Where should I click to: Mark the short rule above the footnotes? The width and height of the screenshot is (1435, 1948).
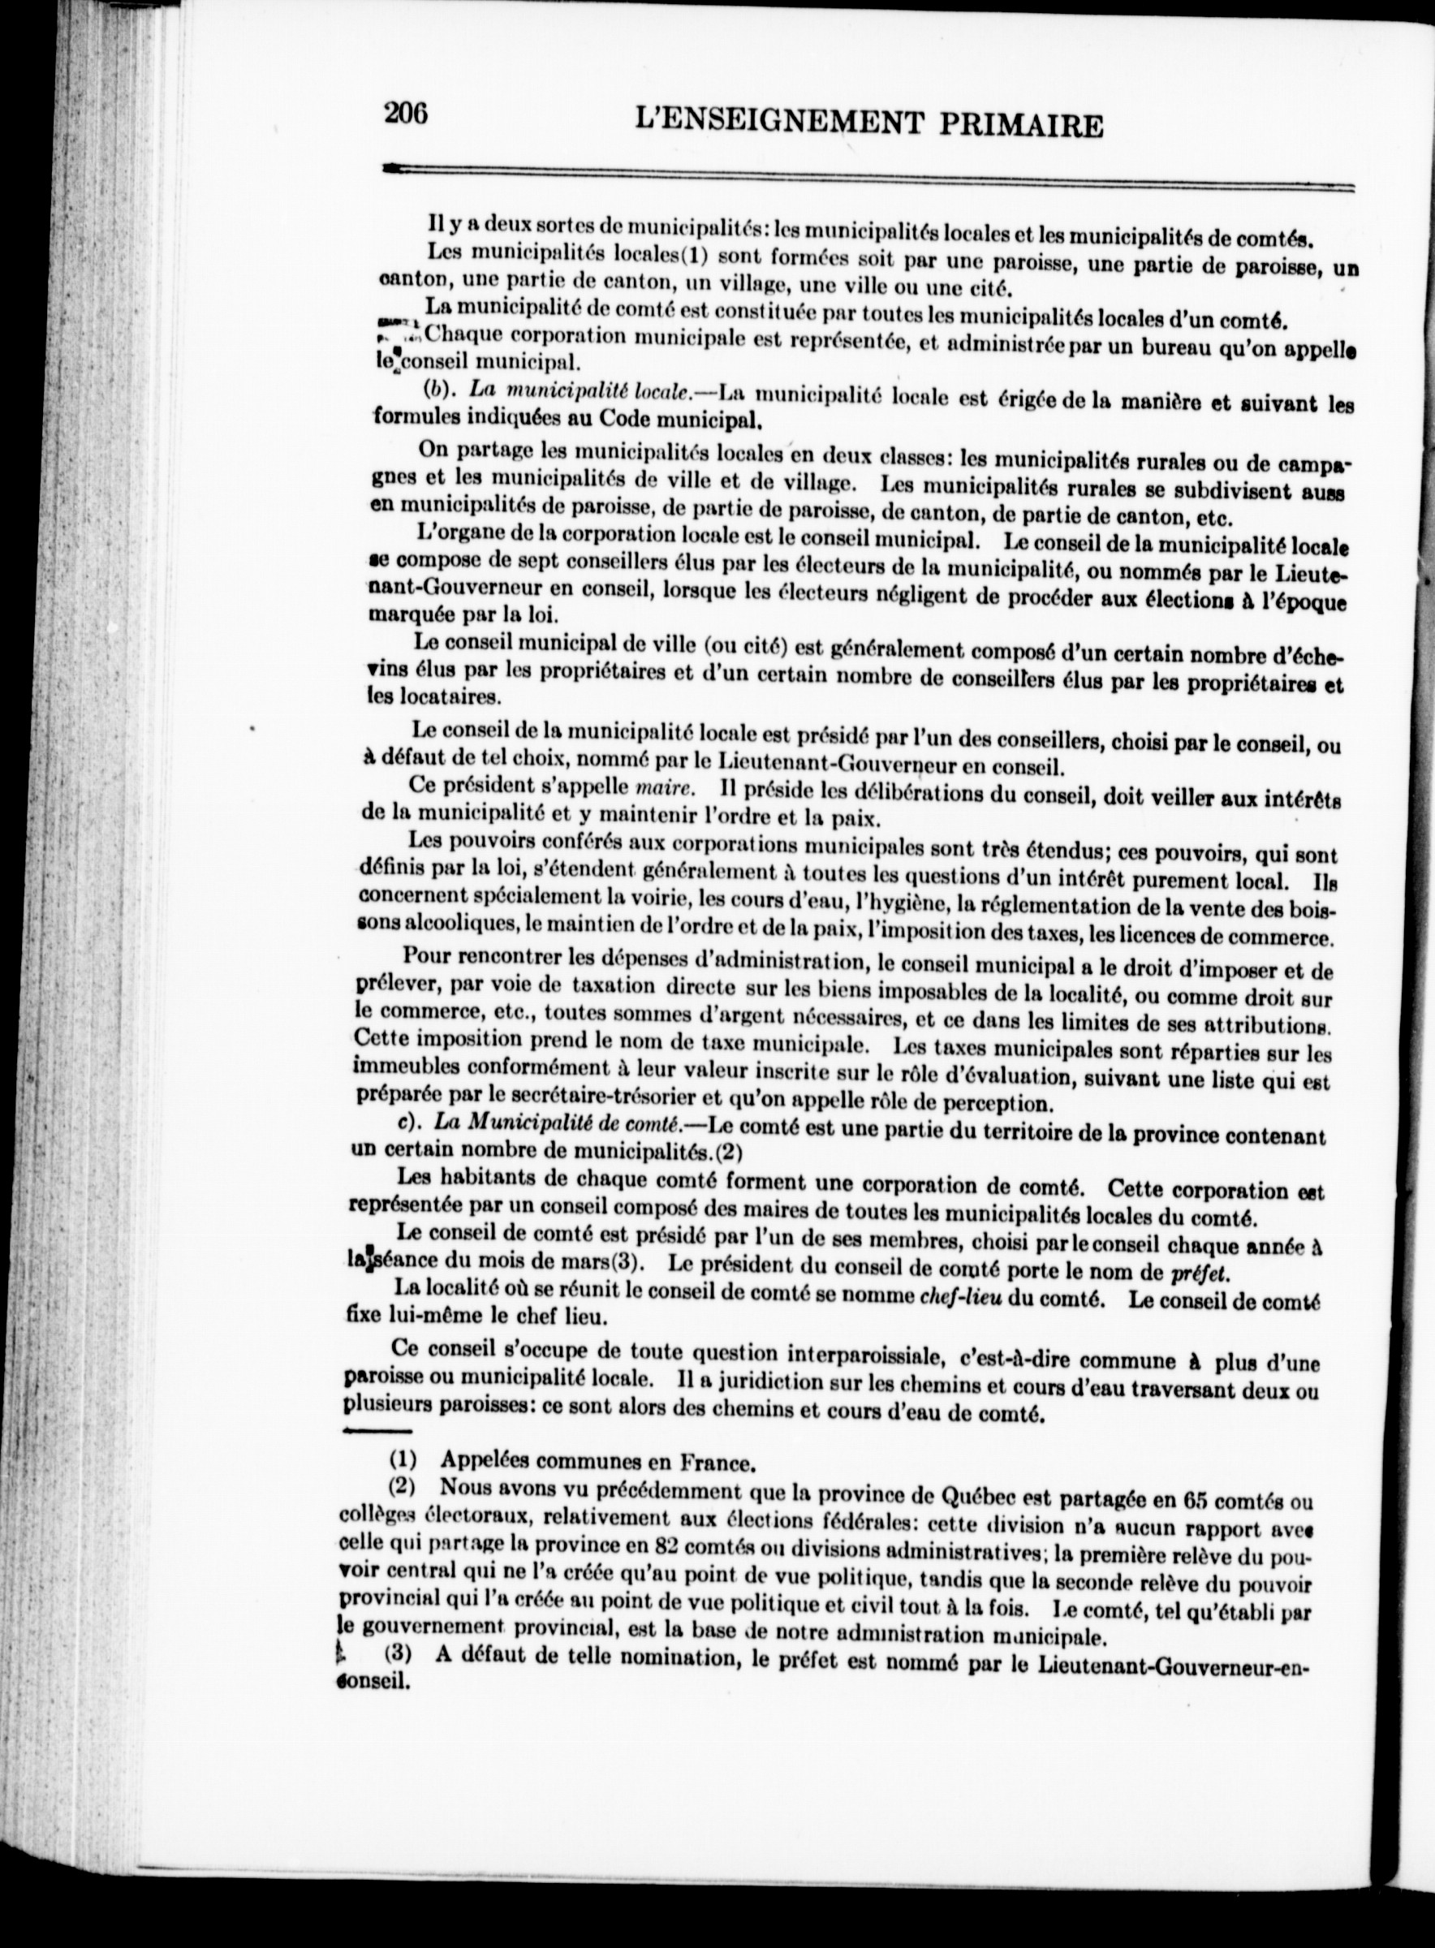378,1430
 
